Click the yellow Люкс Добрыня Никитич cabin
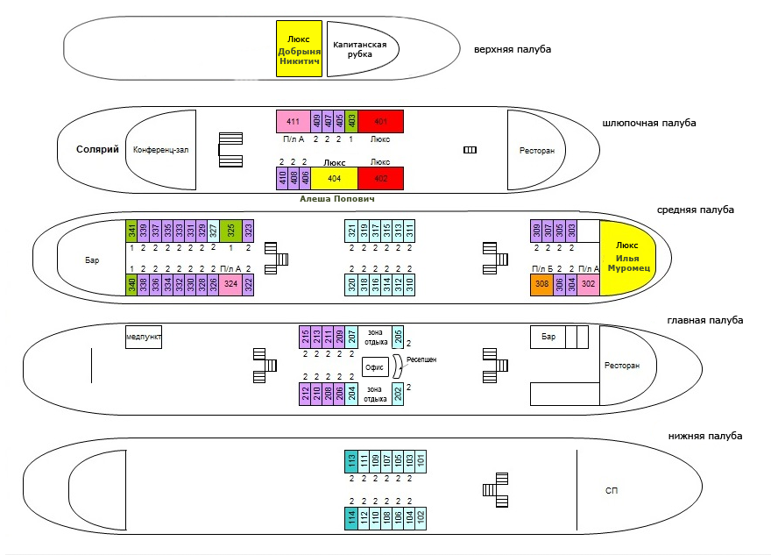pyautogui.click(x=300, y=48)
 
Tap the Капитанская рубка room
pyautogui.click(x=359, y=48)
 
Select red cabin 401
pyautogui.click(x=380, y=121)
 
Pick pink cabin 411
pyautogui.click(x=294, y=121)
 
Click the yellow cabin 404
pyautogui.click(x=334, y=178)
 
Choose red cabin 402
pyautogui.click(x=380, y=178)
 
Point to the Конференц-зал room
pyautogui.click(x=161, y=150)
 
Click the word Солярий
pyautogui.click(x=96, y=150)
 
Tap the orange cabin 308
pyautogui.click(x=541, y=284)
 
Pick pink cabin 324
pyautogui.click(x=230, y=284)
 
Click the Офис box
pyautogui.click(x=375, y=369)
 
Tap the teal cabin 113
pyautogui.click(x=351, y=460)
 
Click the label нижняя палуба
pyautogui.click(x=704, y=437)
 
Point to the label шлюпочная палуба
pyautogui.click(x=649, y=123)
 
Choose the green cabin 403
pyautogui.click(x=351, y=121)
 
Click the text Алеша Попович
pyautogui.click(x=337, y=200)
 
